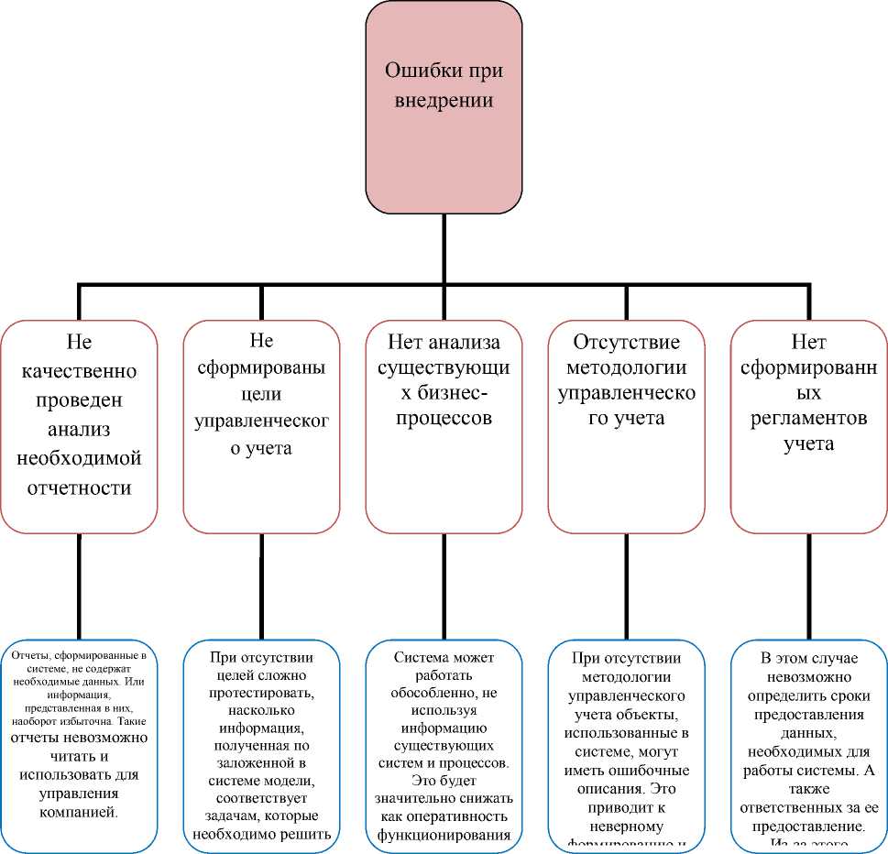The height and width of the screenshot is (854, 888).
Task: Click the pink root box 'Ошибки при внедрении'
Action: click(444, 108)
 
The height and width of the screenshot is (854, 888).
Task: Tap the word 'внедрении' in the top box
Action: click(444, 101)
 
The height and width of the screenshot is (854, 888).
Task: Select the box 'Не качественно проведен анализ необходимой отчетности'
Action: click(79, 426)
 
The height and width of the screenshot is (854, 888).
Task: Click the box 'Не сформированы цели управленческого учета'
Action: click(261, 426)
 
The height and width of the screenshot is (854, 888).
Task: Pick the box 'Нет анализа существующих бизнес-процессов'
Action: click(444, 426)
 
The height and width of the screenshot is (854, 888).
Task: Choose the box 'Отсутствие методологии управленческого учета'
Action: click(627, 426)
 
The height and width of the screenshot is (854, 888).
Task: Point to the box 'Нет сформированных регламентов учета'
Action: click(809, 426)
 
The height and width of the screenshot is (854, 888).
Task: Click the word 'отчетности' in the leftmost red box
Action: click(79, 487)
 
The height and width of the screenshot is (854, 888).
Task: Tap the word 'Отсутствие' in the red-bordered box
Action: click(627, 343)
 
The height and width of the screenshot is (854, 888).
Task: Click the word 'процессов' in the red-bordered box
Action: click(444, 418)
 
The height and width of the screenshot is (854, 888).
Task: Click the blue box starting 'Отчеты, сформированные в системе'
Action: click(79, 744)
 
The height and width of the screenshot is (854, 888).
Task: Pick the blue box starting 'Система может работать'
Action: click(444, 744)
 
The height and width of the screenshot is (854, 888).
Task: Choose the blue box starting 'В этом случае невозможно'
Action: click(809, 744)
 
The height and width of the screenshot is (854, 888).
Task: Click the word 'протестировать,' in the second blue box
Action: click(261, 692)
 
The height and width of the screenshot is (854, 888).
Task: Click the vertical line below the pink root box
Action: click(444, 249)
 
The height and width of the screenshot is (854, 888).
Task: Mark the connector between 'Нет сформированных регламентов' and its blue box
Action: click(809, 586)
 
